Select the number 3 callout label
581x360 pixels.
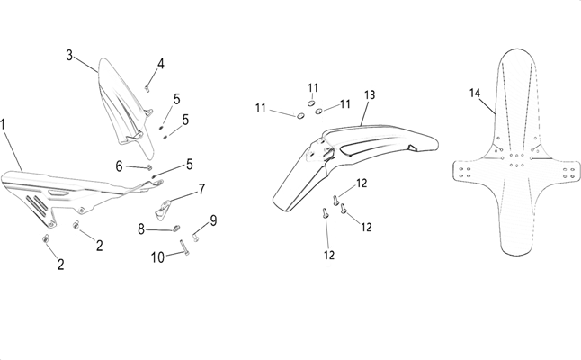(69, 55)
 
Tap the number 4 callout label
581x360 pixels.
(161, 64)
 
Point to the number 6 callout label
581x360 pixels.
(119, 166)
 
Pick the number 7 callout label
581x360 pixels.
(201, 189)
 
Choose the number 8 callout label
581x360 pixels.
(141, 229)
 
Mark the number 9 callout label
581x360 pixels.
(213, 220)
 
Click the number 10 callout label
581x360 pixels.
(157, 257)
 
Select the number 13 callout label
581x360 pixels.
(370, 94)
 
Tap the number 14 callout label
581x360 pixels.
(476, 92)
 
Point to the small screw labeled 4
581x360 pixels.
(147, 86)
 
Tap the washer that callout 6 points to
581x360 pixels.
(151, 167)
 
